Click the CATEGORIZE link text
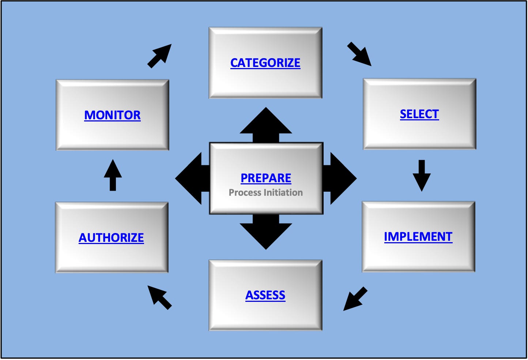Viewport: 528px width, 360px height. point(265,63)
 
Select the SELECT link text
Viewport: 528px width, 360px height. point(419,114)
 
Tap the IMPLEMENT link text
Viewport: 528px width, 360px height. point(418,237)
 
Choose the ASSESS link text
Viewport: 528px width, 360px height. point(265,295)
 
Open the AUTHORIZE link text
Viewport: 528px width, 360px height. point(111,238)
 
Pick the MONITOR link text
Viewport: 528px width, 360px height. point(112,115)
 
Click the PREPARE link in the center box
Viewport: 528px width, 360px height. point(266,178)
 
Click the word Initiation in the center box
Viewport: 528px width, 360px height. point(283,192)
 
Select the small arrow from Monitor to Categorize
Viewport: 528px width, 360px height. point(160,56)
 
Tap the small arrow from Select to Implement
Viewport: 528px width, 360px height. point(422,175)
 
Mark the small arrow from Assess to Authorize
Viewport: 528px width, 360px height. point(159,297)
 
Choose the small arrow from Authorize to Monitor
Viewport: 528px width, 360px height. point(113,175)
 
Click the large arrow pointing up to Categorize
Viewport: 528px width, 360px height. point(266,124)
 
